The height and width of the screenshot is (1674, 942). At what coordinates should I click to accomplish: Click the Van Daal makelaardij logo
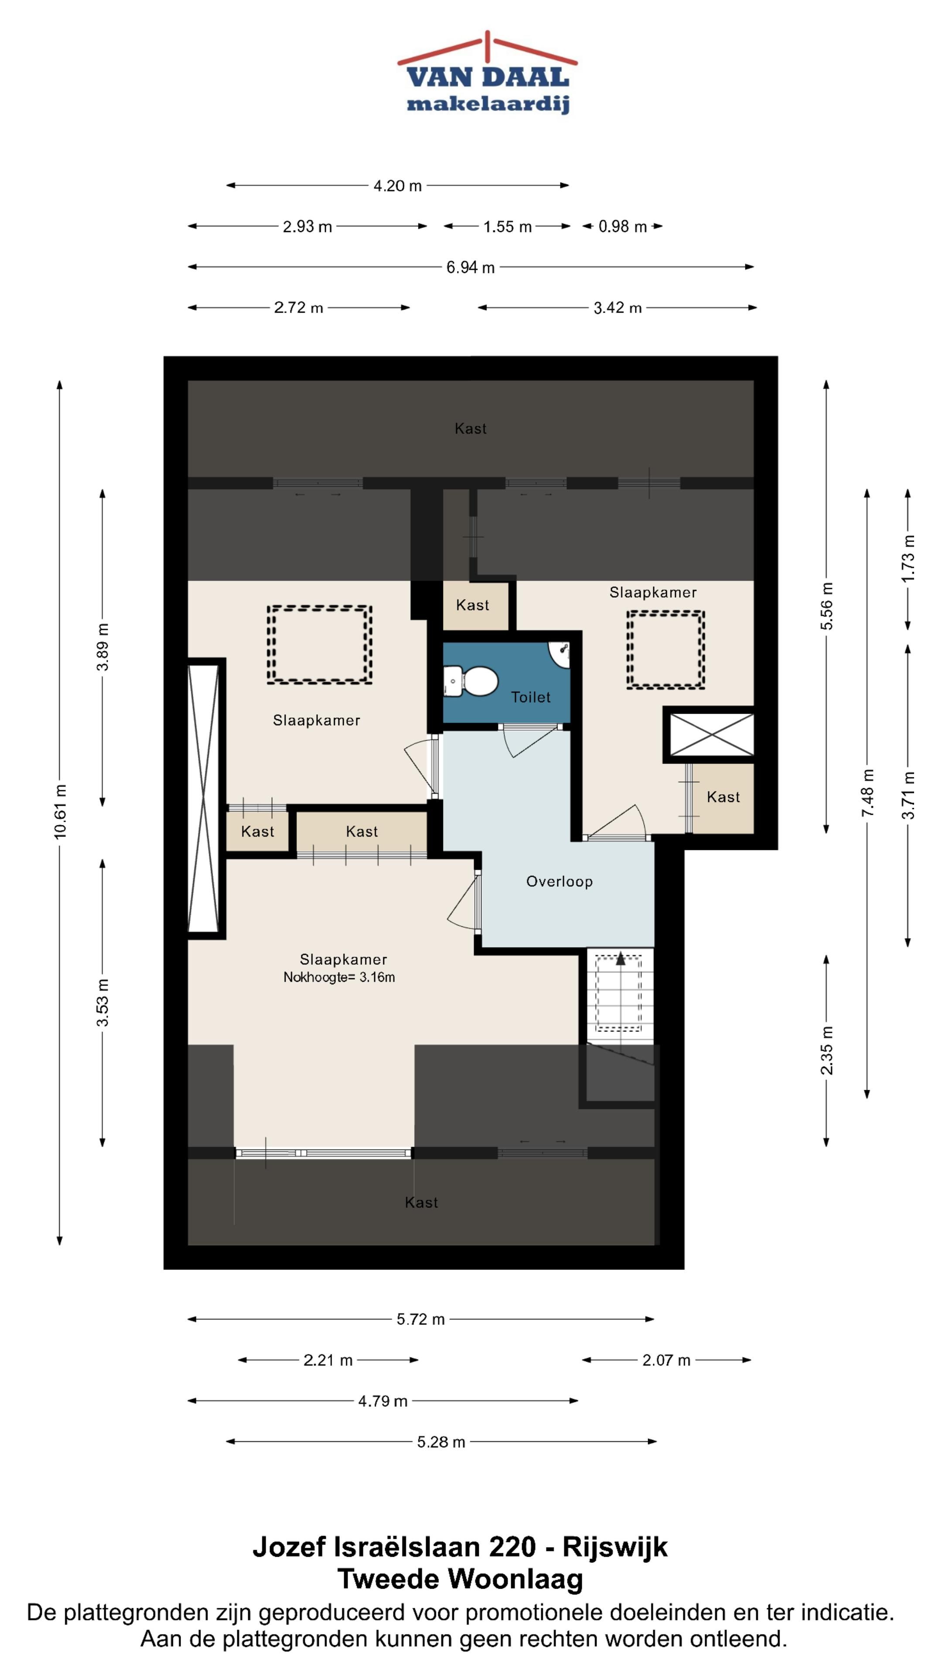click(487, 73)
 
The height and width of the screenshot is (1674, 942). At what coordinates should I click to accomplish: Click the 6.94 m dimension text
click(470, 267)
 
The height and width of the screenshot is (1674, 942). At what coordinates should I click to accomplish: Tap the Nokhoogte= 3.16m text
click(339, 977)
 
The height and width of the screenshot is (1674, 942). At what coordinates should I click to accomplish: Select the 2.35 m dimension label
click(826, 1050)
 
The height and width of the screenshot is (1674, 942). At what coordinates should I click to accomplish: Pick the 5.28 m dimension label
click(441, 1442)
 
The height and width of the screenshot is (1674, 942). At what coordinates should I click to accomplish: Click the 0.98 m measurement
click(622, 226)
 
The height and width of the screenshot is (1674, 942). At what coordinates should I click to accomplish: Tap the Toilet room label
click(530, 697)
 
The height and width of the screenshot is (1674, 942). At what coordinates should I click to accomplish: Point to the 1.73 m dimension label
click(908, 558)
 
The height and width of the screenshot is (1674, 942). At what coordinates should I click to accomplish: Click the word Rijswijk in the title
click(614, 1547)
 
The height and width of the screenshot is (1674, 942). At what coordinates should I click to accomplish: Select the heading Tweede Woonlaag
click(460, 1579)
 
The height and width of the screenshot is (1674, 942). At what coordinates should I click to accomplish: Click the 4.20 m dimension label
click(397, 186)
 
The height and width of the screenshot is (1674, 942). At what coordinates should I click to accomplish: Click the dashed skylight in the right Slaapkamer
click(666, 649)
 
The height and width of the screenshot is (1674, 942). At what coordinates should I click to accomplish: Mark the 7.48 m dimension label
click(867, 793)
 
